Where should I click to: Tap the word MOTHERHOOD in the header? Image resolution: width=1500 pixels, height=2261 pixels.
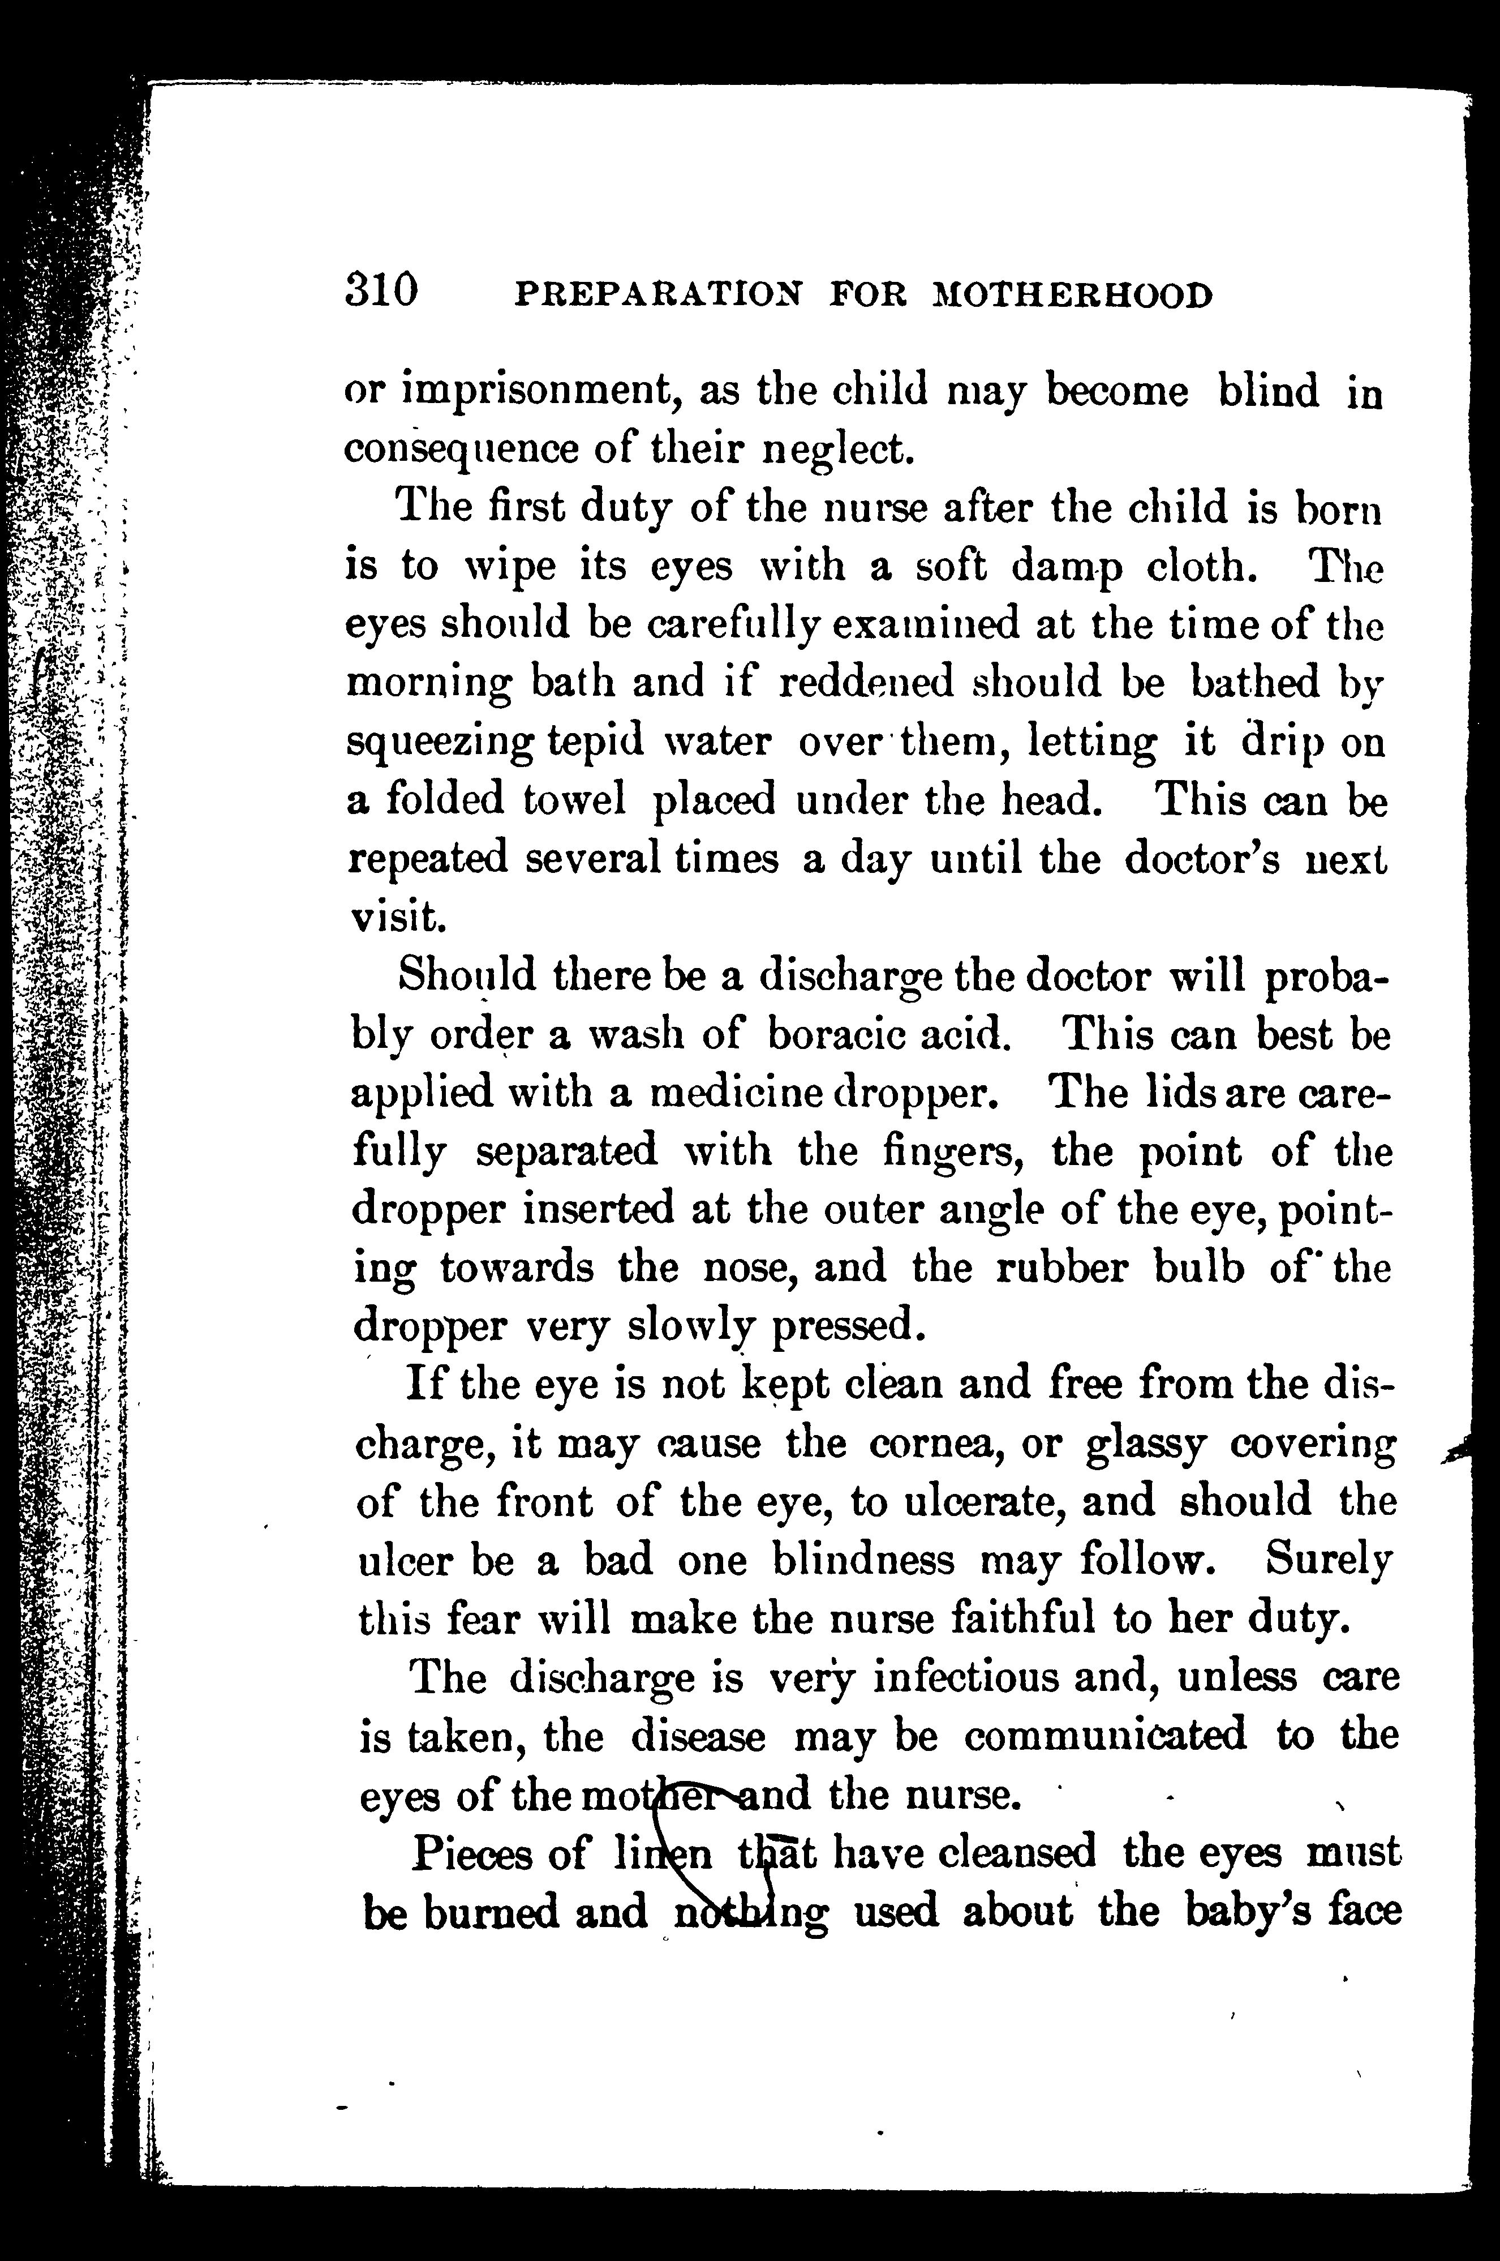point(1072,296)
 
